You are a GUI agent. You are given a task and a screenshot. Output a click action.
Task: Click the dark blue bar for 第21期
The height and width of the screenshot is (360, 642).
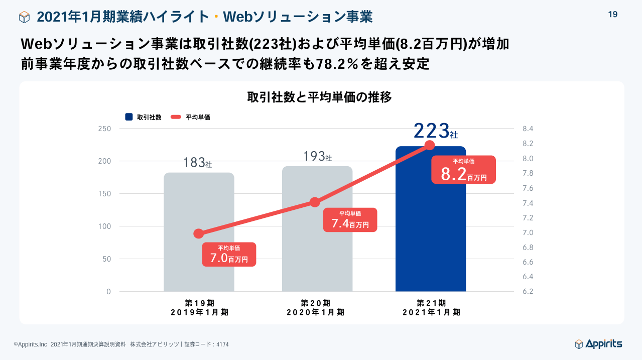[x=431, y=226]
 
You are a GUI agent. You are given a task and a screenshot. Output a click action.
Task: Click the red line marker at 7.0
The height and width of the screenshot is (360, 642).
[x=199, y=233]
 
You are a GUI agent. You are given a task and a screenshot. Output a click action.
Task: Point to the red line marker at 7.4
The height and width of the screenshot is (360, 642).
[x=315, y=202]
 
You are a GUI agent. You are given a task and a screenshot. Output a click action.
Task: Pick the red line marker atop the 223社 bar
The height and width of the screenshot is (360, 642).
[x=430, y=146]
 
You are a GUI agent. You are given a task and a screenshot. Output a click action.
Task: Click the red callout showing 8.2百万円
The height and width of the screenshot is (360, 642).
[x=464, y=170]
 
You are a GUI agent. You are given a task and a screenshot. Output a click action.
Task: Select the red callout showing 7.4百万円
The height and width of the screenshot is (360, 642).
[x=350, y=220]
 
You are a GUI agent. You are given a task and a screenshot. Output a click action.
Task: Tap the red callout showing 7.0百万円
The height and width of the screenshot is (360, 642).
[x=229, y=255]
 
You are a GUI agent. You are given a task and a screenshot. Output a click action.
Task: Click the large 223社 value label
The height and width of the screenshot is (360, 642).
[x=436, y=131]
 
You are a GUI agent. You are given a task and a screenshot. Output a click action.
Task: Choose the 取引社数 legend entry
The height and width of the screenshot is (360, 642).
[x=144, y=117]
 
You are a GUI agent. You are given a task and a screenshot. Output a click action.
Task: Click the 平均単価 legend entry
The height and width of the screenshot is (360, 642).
[x=190, y=117]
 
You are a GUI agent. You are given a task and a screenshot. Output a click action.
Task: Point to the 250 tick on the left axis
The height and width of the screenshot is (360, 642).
[x=104, y=129]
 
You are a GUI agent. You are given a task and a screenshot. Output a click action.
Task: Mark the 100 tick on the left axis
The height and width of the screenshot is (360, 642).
[x=104, y=226]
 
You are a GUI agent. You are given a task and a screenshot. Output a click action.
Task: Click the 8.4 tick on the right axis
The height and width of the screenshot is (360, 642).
[x=528, y=129]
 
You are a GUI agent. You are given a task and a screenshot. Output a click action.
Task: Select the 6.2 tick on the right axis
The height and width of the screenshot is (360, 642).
[x=528, y=292]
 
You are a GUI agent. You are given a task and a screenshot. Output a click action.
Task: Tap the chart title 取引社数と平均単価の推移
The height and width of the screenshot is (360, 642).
[x=319, y=97]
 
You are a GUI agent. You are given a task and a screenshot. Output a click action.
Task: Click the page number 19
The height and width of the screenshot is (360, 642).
[x=612, y=15]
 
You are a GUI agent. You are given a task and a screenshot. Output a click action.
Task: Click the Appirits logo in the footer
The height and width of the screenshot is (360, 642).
[x=598, y=344]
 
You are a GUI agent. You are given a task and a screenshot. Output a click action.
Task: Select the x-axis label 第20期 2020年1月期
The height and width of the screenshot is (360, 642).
[x=315, y=307]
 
